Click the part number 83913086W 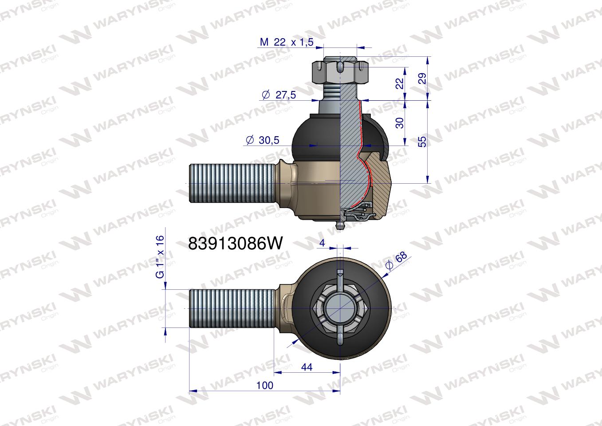[x=236, y=244]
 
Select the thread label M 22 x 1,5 [x=287, y=42]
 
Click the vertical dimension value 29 [x=422, y=78]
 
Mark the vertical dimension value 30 [x=400, y=123]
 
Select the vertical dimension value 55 [x=422, y=142]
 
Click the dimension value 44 [x=307, y=367]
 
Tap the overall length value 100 [x=265, y=386]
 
